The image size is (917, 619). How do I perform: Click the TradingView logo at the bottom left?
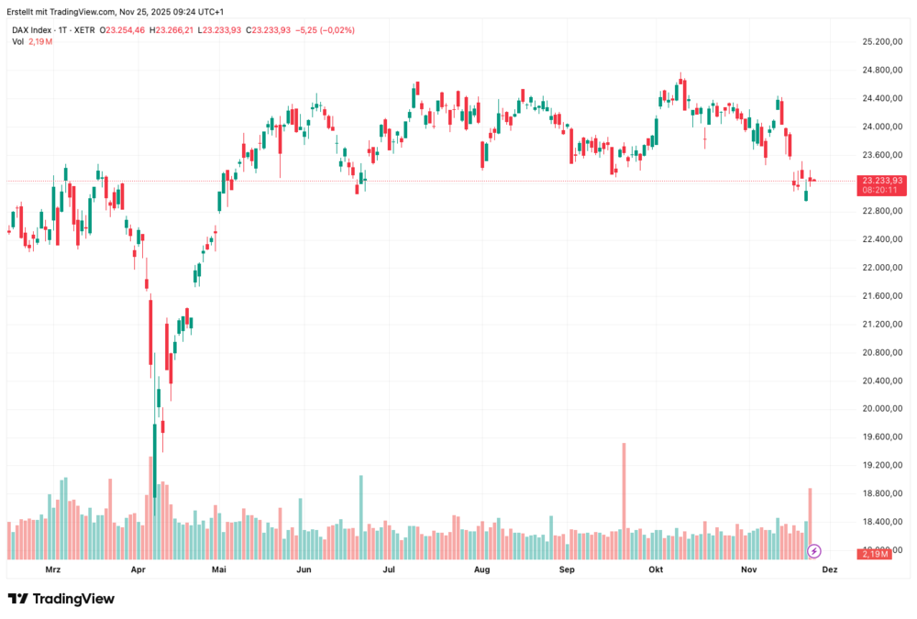coord(61,599)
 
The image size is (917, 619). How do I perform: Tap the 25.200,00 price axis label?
coord(882,42)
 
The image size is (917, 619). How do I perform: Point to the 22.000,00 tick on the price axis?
coord(882,268)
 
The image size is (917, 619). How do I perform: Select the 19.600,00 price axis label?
coord(882,437)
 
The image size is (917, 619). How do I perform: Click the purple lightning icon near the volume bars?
coord(813,551)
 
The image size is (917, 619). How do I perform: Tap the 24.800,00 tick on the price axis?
coord(882,71)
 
